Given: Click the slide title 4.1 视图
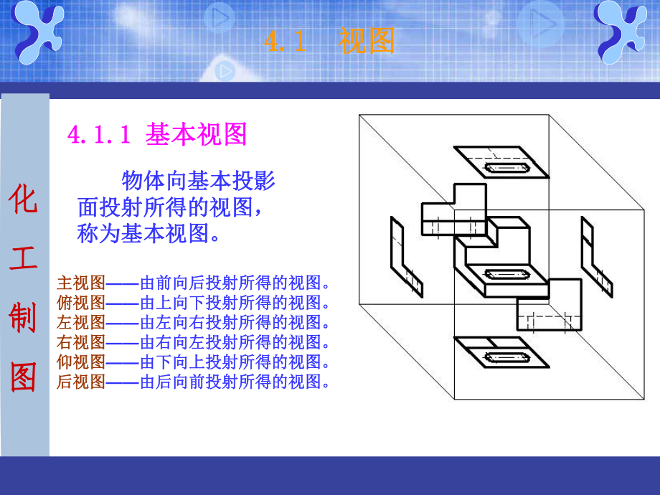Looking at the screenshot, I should click(329, 42).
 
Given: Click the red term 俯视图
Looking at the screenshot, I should click(81, 301).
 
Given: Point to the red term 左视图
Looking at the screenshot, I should click(81, 321).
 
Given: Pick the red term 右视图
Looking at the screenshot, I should click(81, 341).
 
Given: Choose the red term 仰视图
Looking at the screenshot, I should click(81, 362).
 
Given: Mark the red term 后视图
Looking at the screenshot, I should click(81, 382).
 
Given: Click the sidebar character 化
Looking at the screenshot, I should click(24, 199).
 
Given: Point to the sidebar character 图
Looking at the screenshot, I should click(24, 376).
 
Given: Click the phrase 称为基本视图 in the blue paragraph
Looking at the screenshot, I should click(147, 233).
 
